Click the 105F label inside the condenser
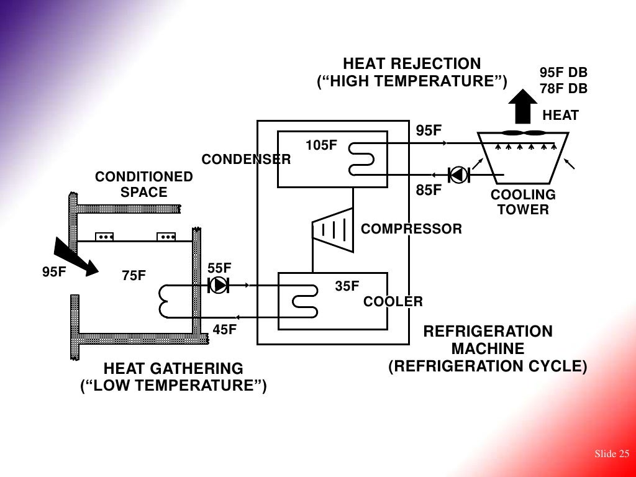pos(321,146)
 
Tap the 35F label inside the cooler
pos(347,286)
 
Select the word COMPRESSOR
pos(411,229)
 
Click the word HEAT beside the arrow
pos(560,116)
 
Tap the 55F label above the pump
pos(219,268)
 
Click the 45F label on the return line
pos(225,330)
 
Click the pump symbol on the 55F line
pos(219,286)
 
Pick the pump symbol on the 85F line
pos(459,175)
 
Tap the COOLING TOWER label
pos(523,202)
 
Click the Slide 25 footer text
pos(612,454)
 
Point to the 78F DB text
pos(563,89)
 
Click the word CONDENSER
pos(246,160)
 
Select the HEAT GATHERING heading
pos(173,368)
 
